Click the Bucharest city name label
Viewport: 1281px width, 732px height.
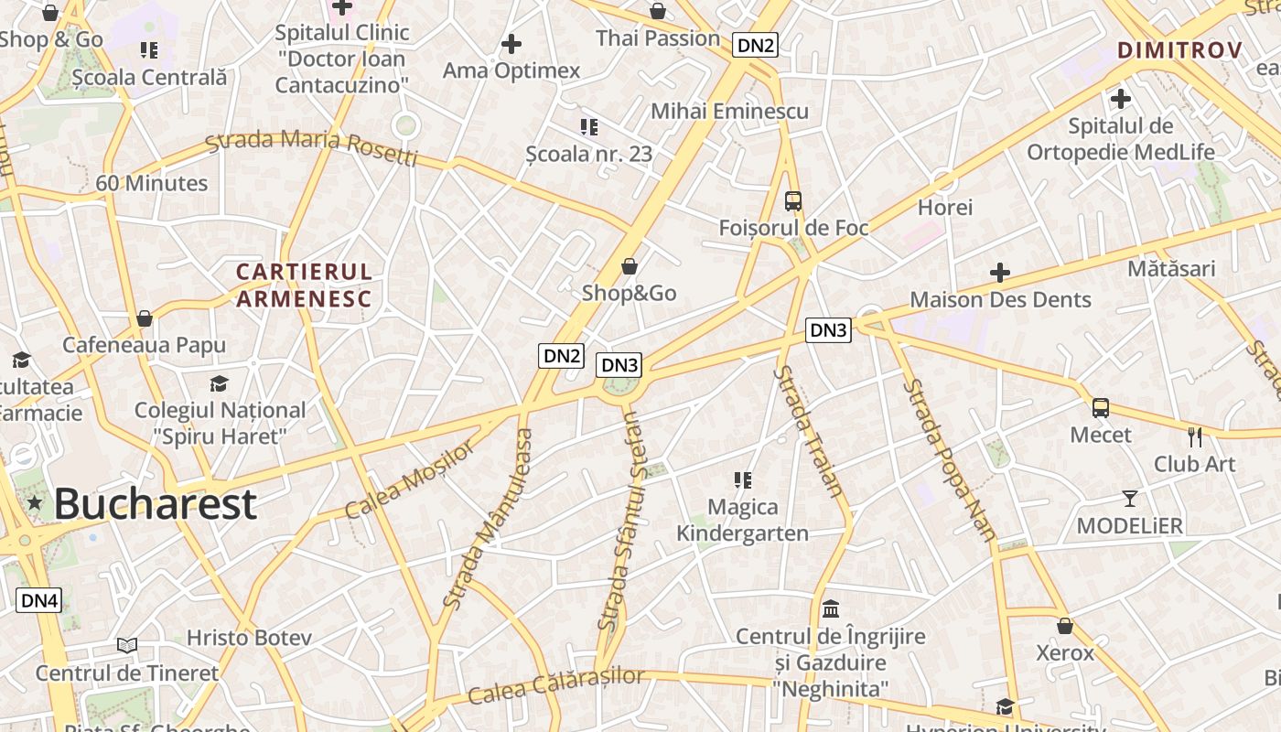pyautogui.click(x=155, y=503)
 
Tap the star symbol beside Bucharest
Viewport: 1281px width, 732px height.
pyautogui.click(x=35, y=502)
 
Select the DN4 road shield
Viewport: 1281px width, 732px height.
pyautogui.click(x=39, y=600)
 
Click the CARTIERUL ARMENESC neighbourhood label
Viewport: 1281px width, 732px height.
pyautogui.click(x=304, y=285)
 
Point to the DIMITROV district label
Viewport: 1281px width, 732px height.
pyautogui.click(x=1179, y=50)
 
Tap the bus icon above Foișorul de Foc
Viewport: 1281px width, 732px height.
pyautogui.click(x=793, y=201)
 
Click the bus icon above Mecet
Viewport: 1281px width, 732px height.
pyautogui.click(x=1101, y=408)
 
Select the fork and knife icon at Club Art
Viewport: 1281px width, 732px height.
pyautogui.click(x=1194, y=436)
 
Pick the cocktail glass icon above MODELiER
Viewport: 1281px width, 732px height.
pyautogui.click(x=1130, y=499)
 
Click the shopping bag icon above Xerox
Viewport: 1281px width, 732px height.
pyautogui.click(x=1065, y=627)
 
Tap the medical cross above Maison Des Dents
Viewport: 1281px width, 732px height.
pyautogui.click(x=1000, y=273)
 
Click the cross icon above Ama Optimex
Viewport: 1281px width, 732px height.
pyautogui.click(x=511, y=44)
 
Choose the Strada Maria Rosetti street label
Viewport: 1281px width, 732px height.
pyautogui.click(x=311, y=147)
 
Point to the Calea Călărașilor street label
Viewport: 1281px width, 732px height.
pyautogui.click(x=556, y=685)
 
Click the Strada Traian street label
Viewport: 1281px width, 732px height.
pyautogui.click(x=808, y=430)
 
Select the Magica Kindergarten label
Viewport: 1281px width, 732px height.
pyautogui.click(x=742, y=520)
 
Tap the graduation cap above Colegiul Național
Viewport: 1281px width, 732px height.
pyautogui.click(x=219, y=383)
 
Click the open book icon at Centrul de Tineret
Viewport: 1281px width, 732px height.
pyautogui.click(x=127, y=646)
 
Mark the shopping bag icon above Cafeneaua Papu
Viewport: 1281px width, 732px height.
pyautogui.click(x=144, y=318)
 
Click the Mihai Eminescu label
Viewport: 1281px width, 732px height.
pyautogui.click(x=729, y=112)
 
